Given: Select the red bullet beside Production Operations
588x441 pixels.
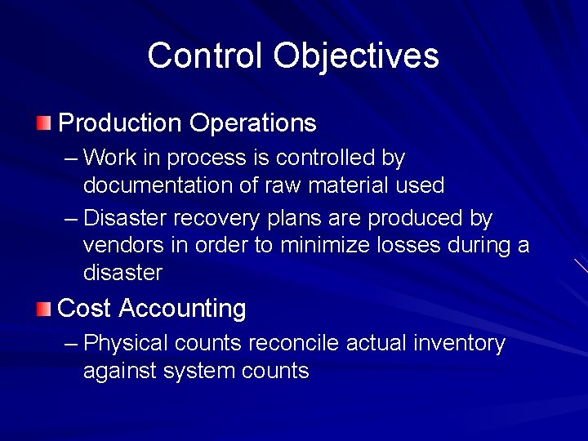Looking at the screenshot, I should tap(43, 123).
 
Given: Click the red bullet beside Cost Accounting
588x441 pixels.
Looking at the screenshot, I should tap(43, 309).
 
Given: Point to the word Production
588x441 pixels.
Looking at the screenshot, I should tap(120, 123).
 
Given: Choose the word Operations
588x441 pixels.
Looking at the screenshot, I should tap(252, 123).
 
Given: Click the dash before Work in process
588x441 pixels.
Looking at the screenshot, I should tap(71, 157).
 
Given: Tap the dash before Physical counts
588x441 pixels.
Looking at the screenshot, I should tap(71, 344).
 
